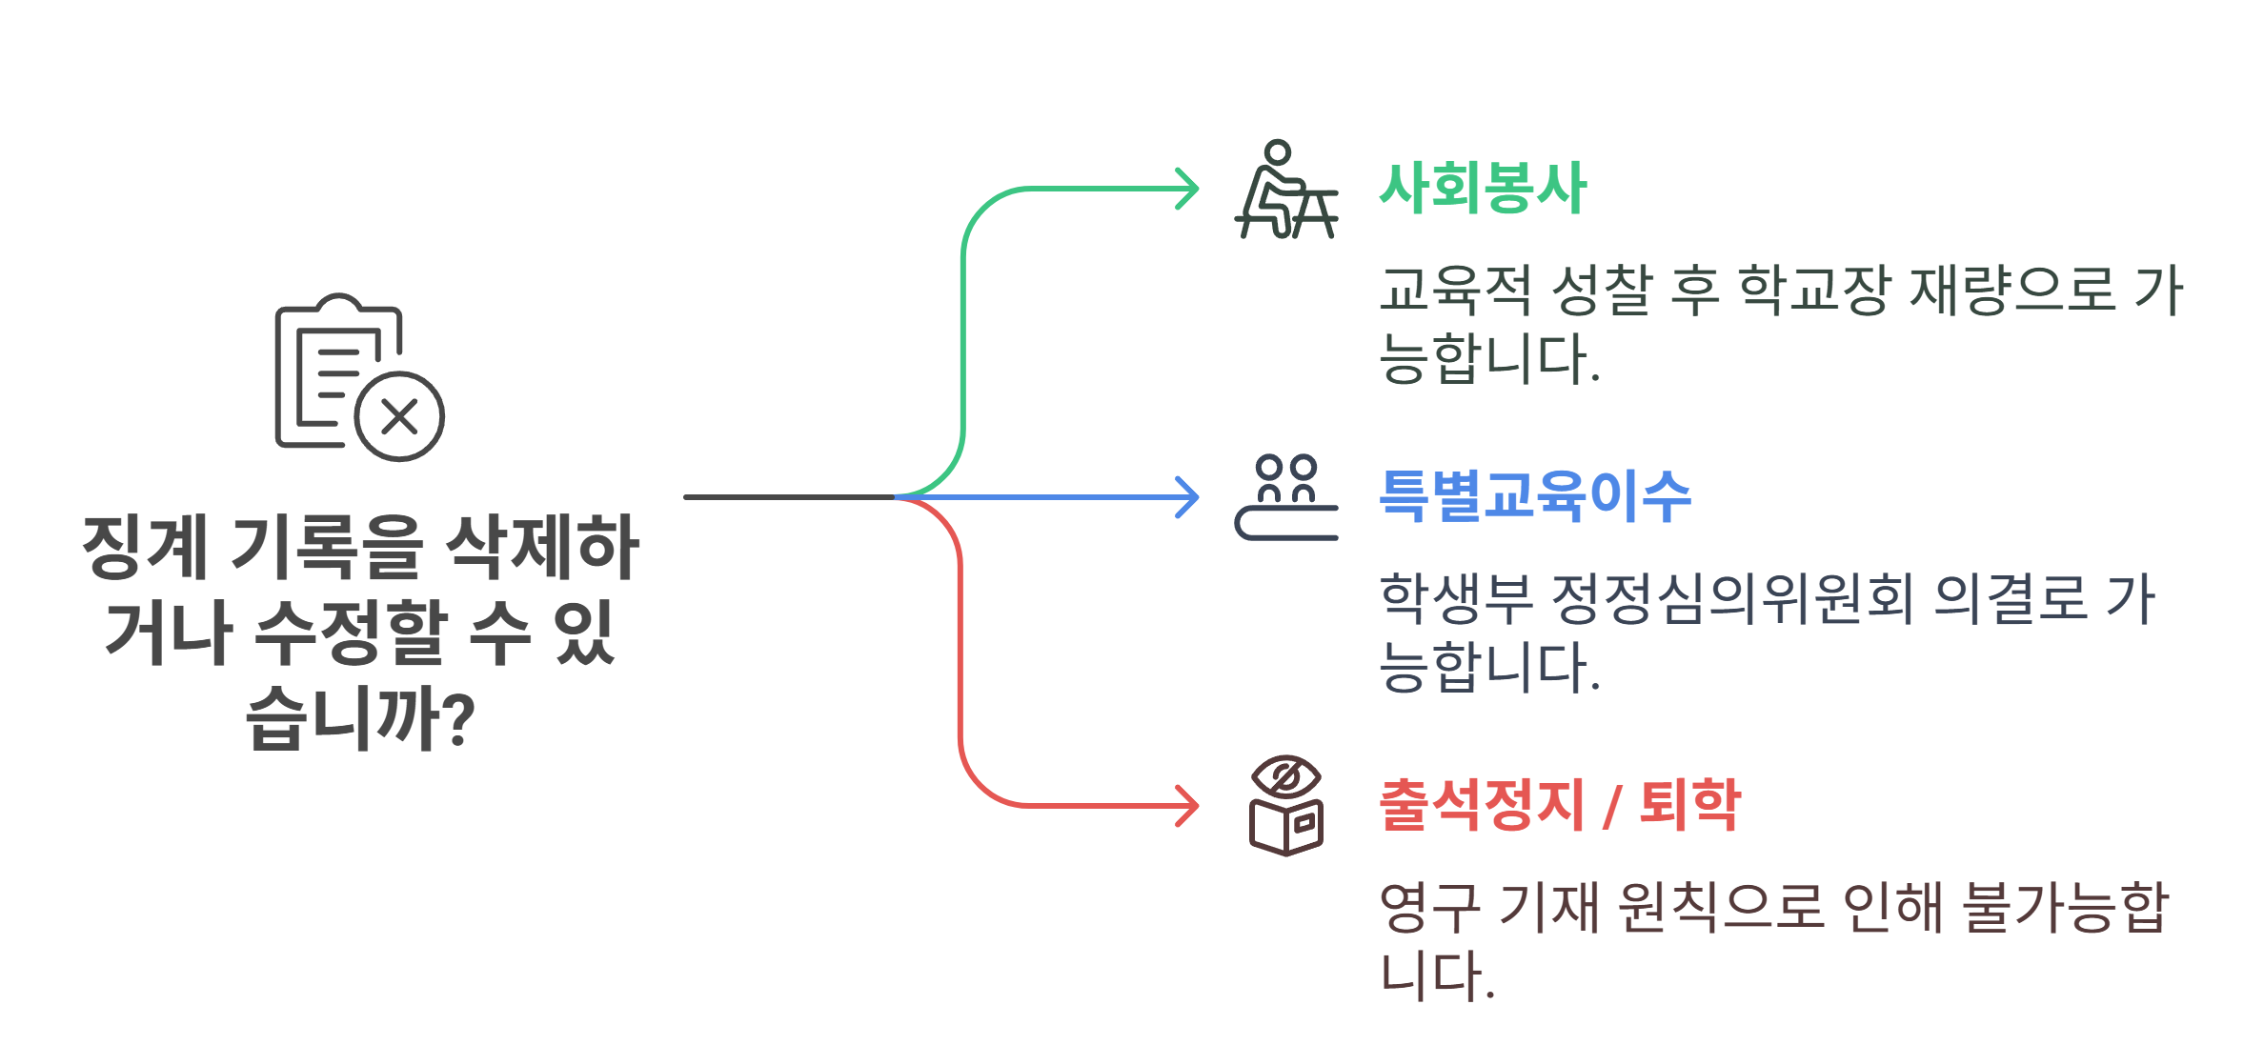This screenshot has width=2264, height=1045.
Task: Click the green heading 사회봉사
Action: pos(1483,188)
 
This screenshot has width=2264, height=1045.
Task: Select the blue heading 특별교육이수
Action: pos(1535,496)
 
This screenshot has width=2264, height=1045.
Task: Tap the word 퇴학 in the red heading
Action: pos(1690,805)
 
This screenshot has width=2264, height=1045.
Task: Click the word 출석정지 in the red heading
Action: pos(1482,805)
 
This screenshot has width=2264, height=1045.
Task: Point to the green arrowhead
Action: pos(1188,189)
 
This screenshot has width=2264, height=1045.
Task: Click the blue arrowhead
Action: pos(1188,497)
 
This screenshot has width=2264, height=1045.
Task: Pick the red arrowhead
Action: pos(1188,806)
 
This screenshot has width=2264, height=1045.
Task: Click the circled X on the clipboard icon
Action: pos(399,416)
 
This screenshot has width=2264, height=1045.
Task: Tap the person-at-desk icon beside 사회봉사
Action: pos(1285,191)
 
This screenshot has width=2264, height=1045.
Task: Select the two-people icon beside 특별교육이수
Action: pos(1286,497)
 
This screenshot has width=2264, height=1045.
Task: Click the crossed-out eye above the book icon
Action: pos(1286,777)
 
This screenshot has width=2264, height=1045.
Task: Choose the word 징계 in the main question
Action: pos(145,547)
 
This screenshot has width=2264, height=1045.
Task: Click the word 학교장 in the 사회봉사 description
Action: pos(1813,290)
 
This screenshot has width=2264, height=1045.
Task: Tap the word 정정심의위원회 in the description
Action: pos(1732,598)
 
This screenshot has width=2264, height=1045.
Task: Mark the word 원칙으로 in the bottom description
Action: pos(1721,907)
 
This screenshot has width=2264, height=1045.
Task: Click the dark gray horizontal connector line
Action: pos(789,497)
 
